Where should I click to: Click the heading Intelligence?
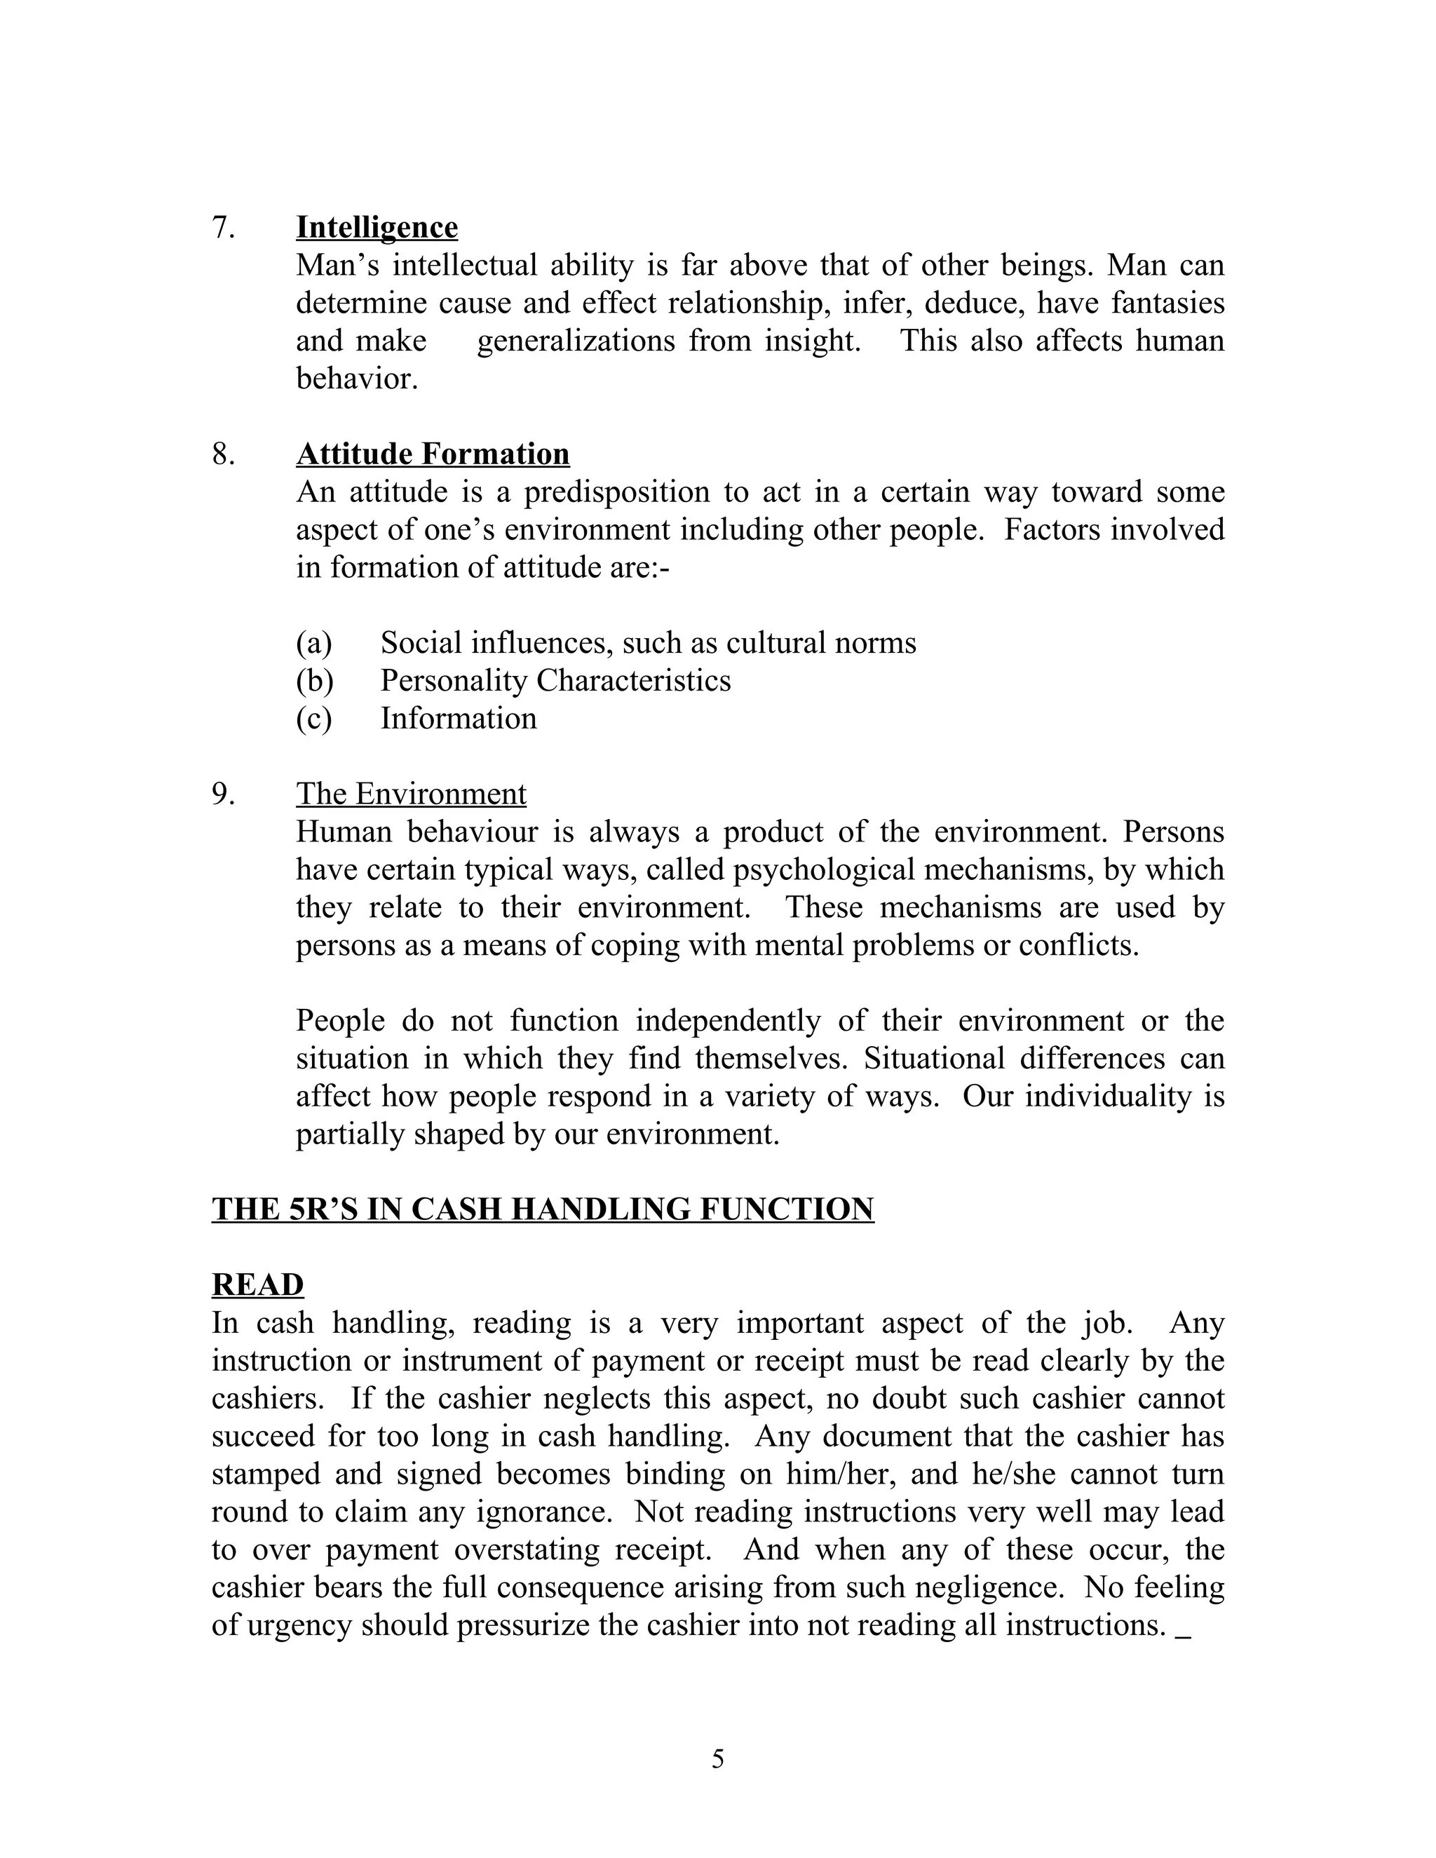(377, 227)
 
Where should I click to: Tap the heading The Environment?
(411, 793)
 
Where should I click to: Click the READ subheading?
(258, 1284)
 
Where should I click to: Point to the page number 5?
(718, 1758)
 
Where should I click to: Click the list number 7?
(224, 227)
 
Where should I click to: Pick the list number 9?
(224, 793)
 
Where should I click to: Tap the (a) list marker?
(314, 642)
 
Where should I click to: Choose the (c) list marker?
(314, 718)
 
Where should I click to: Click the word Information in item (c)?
(459, 718)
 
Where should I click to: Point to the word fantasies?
(1166, 303)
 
